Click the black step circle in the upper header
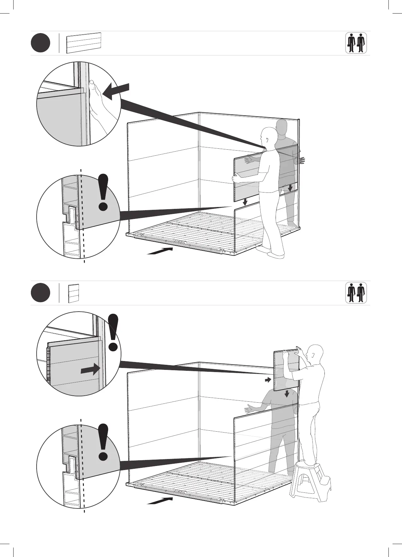[41, 43]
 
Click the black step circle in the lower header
[41, 293]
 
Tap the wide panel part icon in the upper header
[84, 43]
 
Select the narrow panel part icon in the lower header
[73, 293]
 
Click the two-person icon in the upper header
[356, 43]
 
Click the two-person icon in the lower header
[356, 293]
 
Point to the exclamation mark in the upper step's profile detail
[103, 192]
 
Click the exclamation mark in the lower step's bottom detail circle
[103, 442]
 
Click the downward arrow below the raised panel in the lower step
[287, 394]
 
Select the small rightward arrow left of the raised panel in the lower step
[268, 380]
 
